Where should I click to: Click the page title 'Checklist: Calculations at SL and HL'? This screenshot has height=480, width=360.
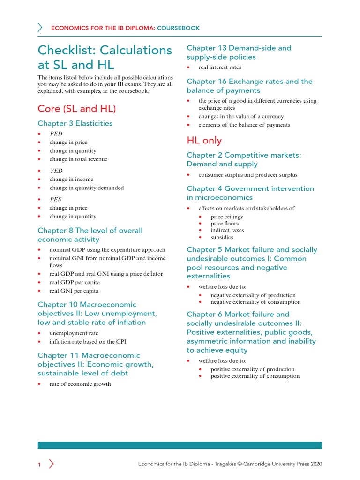[105, 57]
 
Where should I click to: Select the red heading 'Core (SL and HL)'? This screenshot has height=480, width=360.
[76, 109]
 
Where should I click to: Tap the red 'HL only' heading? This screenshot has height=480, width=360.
[204, 141]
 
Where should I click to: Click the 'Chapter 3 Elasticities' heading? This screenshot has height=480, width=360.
[75, 124]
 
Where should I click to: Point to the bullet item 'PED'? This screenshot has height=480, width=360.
[56, 134]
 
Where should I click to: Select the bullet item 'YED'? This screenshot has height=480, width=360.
[56, 171]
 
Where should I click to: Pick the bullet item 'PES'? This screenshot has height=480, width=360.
[56, 199]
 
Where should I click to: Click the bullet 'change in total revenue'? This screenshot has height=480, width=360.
[78, 159]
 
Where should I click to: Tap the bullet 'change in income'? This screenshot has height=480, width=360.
[71, 180]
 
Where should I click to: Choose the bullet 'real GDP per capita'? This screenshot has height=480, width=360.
[75, 282]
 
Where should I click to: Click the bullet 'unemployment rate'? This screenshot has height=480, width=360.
[74, 333]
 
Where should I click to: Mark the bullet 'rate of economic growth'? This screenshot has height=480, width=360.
[80, 384]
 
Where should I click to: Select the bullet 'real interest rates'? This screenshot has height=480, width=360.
[220, 67]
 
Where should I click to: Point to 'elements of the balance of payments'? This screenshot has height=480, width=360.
[244, 125]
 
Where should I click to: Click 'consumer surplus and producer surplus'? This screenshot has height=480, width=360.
[248, 175]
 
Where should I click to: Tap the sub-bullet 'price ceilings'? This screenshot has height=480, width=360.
[226, 217]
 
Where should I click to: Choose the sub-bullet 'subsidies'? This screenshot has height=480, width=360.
[222, 237]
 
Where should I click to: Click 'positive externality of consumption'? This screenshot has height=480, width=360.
[255, 376]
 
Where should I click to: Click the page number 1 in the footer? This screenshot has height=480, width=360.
[39, 465]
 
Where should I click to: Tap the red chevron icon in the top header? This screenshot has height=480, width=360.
[40, 28]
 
